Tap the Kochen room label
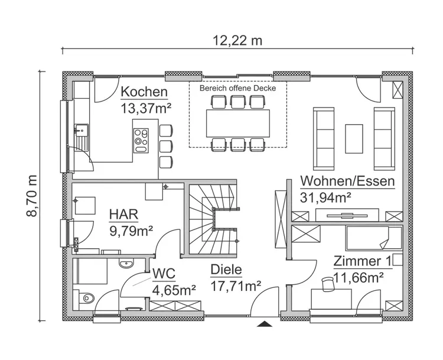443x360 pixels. (x=144, y=92)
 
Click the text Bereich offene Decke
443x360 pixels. (x=237, y=87)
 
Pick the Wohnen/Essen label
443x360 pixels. (x=347, y=181)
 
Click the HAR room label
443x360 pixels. (x=123, y=213)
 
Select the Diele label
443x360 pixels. (x=226, y=271)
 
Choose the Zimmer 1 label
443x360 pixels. (x=362, y=261)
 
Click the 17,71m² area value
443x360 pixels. (x=236, y=287)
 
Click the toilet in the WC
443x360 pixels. (x=86, y=297)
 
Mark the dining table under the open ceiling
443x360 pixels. (x=237, y=123)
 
